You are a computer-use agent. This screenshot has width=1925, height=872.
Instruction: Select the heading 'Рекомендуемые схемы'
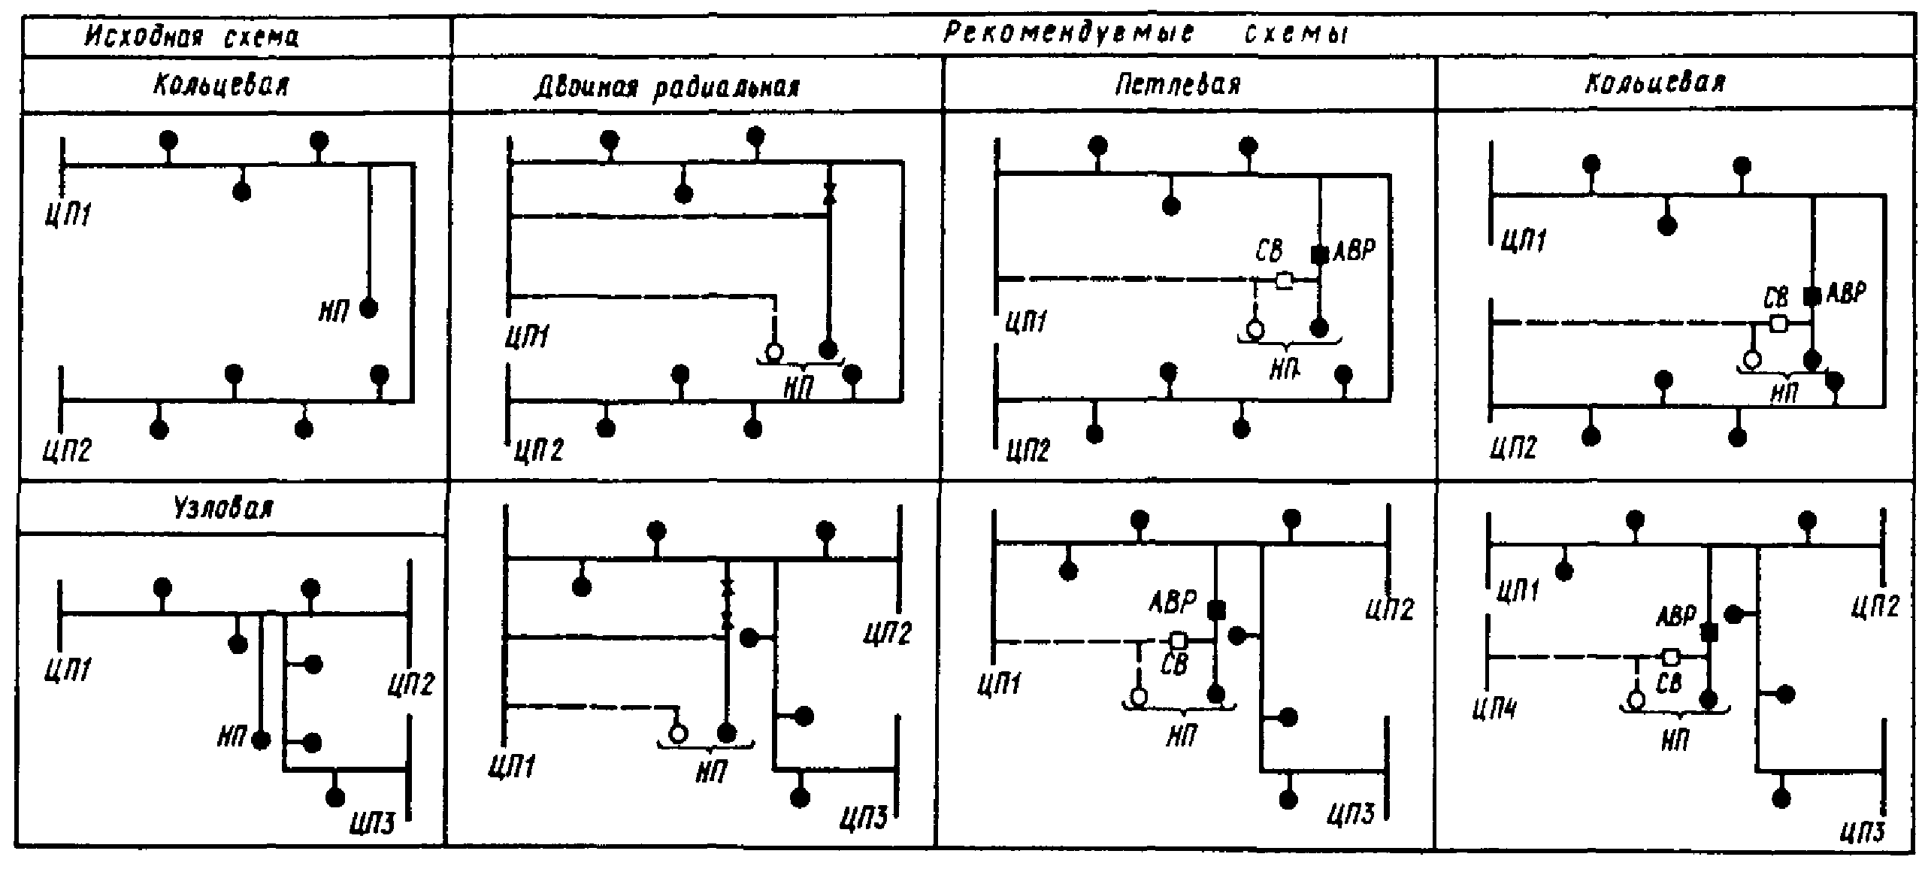[x=1146, y=34]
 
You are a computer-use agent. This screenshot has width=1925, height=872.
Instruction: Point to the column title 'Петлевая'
[x=1178, y=86]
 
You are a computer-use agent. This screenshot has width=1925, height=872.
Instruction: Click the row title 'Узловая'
[x=223, y=509]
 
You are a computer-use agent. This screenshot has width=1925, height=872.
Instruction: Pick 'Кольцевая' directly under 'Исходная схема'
[x=222, y=86]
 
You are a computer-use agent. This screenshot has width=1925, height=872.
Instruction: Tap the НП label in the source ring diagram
[x=334, y=310]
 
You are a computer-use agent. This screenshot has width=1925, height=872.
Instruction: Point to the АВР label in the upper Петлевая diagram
[x=1354, y=251]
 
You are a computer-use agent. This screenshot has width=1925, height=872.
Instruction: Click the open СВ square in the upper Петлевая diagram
[x=1285, y=281]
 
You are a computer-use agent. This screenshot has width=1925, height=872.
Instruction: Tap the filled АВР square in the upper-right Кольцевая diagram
[x=1812, y=296]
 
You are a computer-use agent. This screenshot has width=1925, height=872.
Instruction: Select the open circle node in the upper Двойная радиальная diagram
[x=773, y=351]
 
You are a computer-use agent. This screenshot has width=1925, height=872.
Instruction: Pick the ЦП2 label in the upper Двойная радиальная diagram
[x=539, y=450]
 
